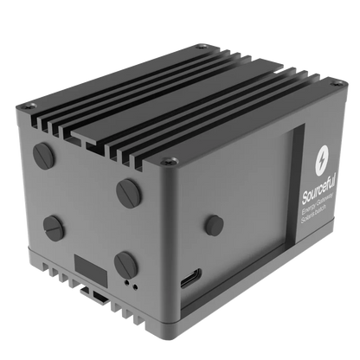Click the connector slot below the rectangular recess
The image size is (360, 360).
pyautogui.click(x=100, y=295)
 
